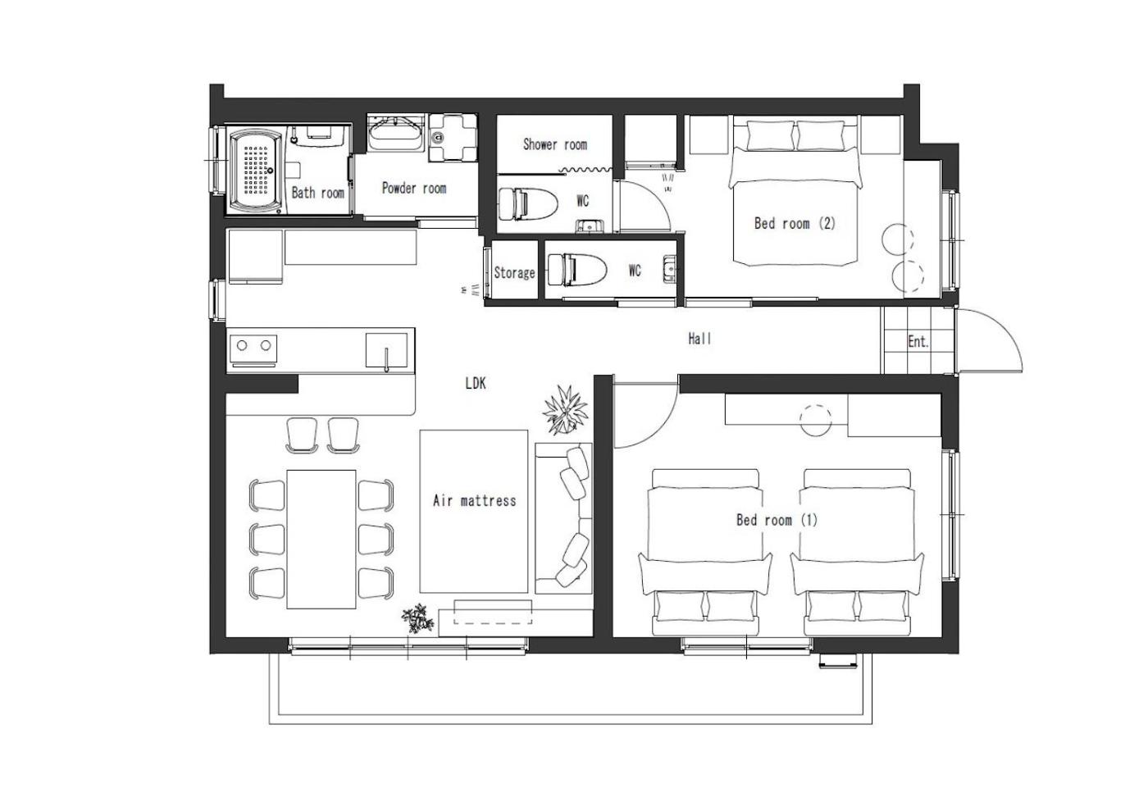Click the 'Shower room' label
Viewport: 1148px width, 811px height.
pos(555,144)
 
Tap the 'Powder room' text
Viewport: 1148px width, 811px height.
pos(414,188)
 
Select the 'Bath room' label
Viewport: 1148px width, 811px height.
pos(318,193)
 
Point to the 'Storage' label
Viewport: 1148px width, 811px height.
pos(514,272)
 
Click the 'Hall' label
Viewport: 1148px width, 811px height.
pos(699,339)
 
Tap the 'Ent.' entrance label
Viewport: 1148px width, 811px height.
pos(918,341)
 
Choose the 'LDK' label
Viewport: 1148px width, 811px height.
pos(476,383)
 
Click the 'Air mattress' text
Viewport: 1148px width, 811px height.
pos(474,500)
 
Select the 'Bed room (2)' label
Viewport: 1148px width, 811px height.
pos(795,223)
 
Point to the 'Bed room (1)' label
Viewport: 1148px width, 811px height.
pos(777,520)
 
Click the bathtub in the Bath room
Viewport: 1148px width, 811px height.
pos(256,171)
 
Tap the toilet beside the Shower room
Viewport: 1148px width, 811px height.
pos(528,203)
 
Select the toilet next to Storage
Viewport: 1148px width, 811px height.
pos(577,270)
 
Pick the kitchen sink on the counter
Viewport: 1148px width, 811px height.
pos(387,350)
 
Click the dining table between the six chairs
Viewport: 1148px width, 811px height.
pos(321,539)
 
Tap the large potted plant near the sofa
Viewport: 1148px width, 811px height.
pos(565,410)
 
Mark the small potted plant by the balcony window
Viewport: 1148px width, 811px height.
pos(417,618)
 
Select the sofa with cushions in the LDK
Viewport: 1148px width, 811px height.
pos(564,518)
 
